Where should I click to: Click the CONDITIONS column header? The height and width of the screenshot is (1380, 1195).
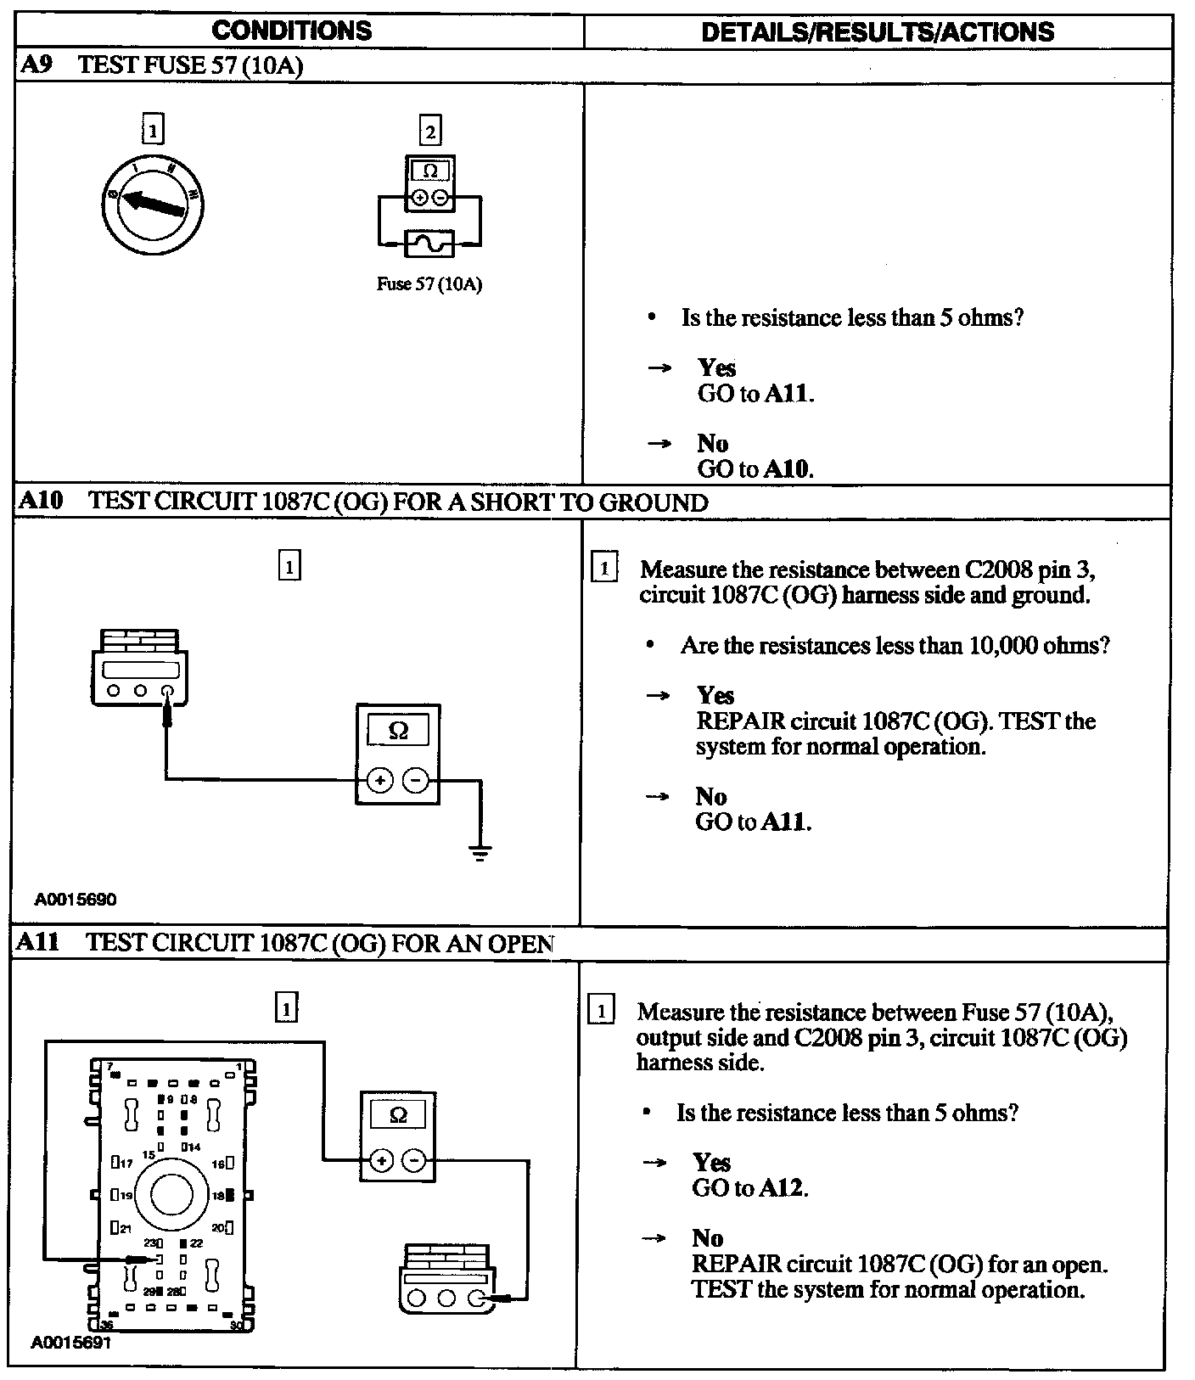291,31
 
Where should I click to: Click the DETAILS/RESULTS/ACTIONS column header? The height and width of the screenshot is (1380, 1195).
878,32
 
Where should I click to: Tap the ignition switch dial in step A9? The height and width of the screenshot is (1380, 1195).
153,204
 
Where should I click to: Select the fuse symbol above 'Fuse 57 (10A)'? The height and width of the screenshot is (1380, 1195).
429,244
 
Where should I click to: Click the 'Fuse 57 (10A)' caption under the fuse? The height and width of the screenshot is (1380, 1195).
429,284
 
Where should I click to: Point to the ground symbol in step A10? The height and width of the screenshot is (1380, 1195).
480,852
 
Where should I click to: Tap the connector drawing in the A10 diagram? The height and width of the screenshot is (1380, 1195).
139,666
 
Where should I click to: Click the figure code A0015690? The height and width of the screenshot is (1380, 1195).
76,900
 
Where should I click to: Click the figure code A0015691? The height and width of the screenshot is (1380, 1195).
71,1343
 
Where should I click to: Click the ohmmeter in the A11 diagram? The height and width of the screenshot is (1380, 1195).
398,1135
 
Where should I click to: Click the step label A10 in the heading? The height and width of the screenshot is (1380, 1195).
41,501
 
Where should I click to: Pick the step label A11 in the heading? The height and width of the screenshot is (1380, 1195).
39,943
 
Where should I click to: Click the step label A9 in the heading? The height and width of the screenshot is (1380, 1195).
36,65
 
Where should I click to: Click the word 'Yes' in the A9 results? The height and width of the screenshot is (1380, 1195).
716,367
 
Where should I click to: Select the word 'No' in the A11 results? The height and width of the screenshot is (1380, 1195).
707,1238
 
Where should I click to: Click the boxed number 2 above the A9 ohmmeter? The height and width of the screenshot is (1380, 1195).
430,132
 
